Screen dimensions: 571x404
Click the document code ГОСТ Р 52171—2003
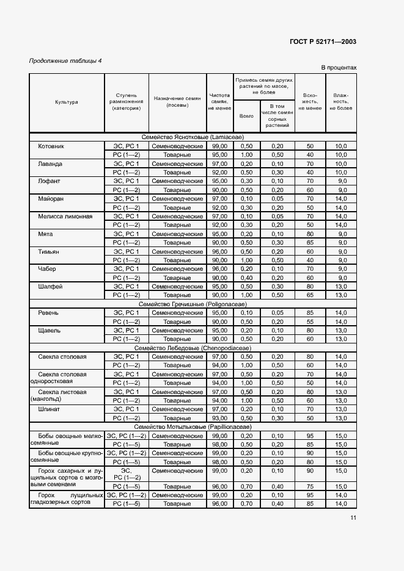(x=323, y=41)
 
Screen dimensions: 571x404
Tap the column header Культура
(x=67, y=102)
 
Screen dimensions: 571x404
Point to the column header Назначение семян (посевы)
(x=177, y=102)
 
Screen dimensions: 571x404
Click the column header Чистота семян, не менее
(x=219, y=102)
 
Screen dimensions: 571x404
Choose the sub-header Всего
(x=246, y=115)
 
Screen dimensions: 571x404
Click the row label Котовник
(x=51, y=146)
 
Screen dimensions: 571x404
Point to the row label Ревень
(x=49, y=312)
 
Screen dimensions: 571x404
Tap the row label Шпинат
(x=50, y=409)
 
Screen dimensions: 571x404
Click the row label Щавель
(x=50, y=330)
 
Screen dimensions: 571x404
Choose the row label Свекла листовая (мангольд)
(x=62, y=396)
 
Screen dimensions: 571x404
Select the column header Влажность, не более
(x=340, y=102)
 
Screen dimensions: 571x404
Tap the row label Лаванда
(x=50, y=164)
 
